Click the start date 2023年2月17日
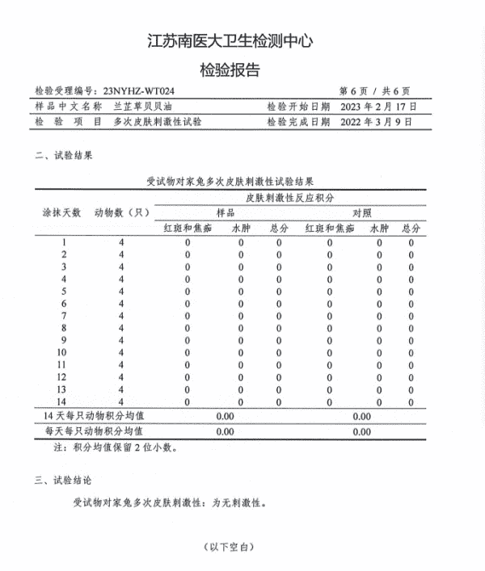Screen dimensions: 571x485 pos(379,107)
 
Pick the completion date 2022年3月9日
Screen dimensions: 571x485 pos(377,122)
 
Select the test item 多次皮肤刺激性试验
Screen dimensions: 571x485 pos(158,122)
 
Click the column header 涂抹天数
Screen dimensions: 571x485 pos(62,213)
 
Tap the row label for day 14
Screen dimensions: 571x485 pos(62,401)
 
